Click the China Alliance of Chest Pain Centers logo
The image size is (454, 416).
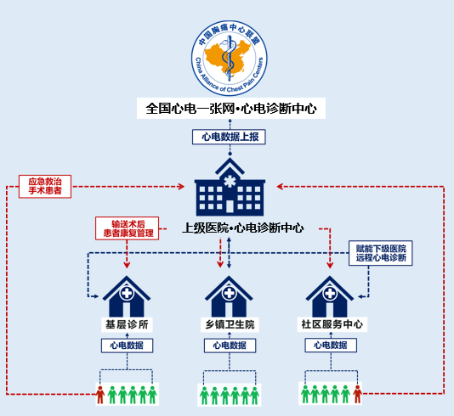pos(230,58)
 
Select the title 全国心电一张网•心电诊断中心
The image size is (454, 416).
pos(231,109)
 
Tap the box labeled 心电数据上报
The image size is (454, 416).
pos(229,137)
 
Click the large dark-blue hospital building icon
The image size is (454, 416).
pos(230,187)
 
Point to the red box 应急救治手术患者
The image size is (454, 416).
pos(45,187)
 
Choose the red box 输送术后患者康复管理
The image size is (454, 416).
pos(128,228)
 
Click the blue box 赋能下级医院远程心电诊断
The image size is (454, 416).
pos(380,253)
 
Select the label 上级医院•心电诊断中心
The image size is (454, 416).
pos(242,228)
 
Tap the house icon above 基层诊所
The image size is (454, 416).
pos(127,296)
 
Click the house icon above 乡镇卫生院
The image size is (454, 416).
pos(229,296)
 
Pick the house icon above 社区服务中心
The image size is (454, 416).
pos(330,296)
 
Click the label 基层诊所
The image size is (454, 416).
pos(127,324)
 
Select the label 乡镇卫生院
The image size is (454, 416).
pos(230,324)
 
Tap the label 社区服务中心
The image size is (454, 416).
pos(332,324)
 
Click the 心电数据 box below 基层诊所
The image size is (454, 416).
pos(128,346)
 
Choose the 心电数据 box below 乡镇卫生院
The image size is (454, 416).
pos(230,346)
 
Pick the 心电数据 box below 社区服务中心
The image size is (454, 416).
pos(331,346)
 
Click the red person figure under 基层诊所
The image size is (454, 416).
pos(100,395)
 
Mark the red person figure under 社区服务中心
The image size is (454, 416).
pos(358,394)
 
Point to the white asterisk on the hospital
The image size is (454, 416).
pos(230,181)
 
